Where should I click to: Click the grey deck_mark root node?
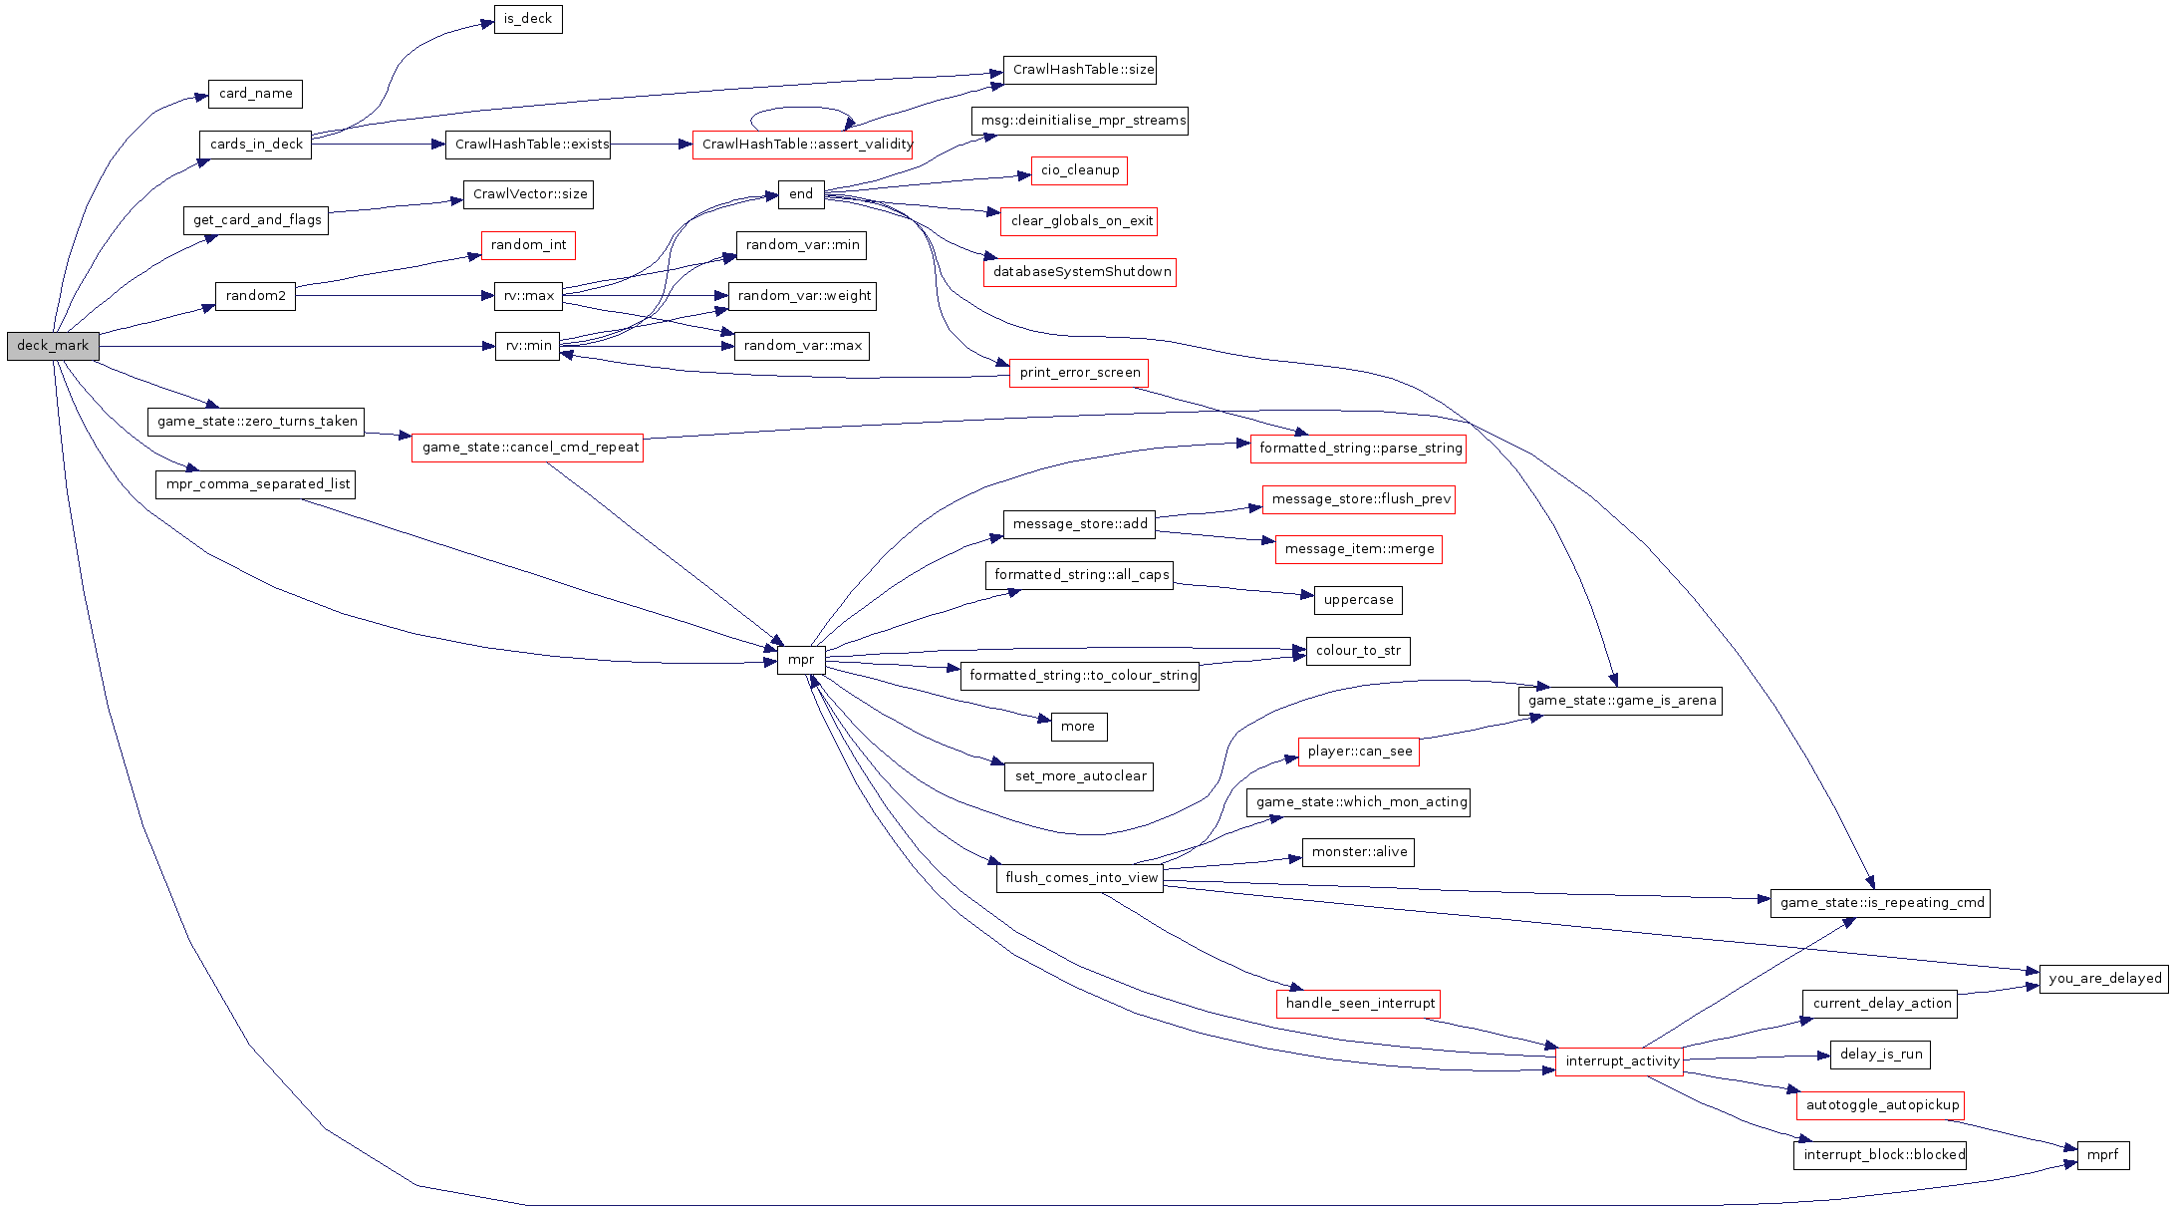(53, 346)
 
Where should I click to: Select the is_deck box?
(528, 19)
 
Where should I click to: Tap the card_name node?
(255, 94)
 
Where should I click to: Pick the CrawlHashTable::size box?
(1080, 70)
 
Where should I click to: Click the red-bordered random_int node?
(528, 245)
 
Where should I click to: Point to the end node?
(801, 194)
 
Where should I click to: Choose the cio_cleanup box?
(1080, 170)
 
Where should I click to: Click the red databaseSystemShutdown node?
(1080, 272)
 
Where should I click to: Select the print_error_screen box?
(1079, 373)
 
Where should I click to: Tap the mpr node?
(801, 660)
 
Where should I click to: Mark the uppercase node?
(1358, 600)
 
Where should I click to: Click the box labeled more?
(1078, 727)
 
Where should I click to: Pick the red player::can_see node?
(1359, 752)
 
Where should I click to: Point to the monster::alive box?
(1359, 852)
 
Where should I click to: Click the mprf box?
(2102, 1155)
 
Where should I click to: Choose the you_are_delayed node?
(2104, 979)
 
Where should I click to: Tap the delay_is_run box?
(1880, 1055)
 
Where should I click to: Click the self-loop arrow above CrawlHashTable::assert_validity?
(802, 109)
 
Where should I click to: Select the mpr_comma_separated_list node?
(257, 484)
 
